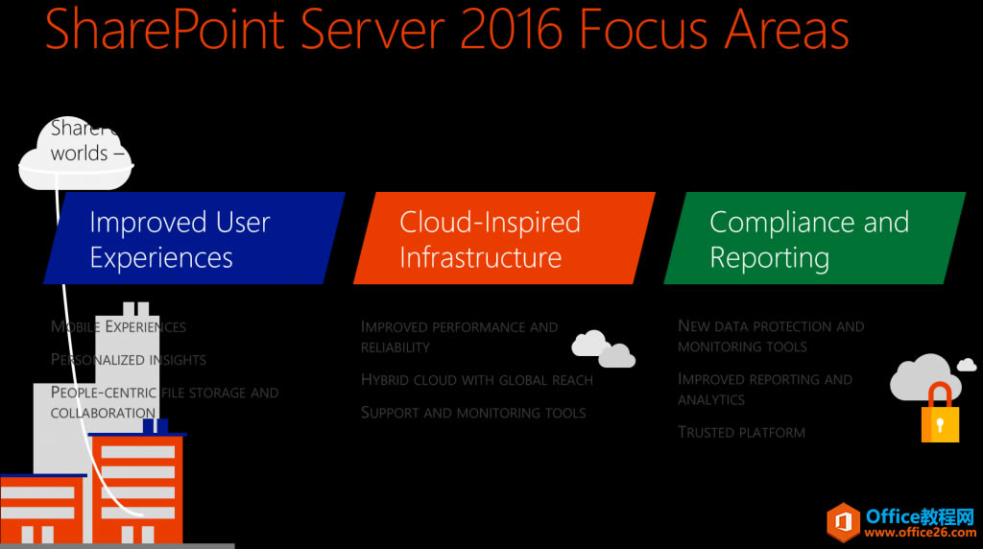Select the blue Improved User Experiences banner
[192, 239]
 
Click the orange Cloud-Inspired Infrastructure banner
[503, 239]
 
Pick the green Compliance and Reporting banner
[813, 239]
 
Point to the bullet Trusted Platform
[741, 432]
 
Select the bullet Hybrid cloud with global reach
[476, 380]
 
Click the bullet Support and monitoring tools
[472, 413]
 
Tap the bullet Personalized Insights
[128, 360]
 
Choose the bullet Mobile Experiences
[118, 326]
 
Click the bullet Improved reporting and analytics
[764, 389]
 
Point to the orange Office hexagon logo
[844, 523]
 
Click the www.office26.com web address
[921, 533]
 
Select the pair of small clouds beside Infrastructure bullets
[603, 348]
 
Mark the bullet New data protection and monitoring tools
[770, 336]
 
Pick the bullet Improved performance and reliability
[459, 336]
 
